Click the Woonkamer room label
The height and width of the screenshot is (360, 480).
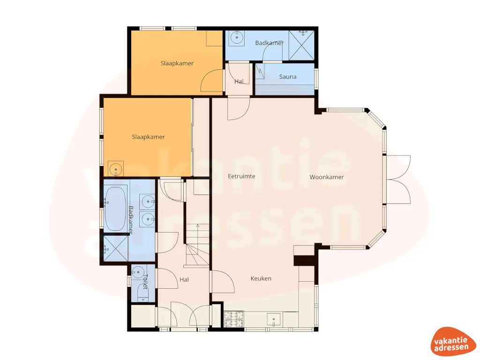327,177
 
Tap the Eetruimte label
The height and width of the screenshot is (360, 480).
241,177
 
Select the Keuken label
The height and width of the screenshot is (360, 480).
261,278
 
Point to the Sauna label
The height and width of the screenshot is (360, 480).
287,76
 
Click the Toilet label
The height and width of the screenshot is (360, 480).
145,282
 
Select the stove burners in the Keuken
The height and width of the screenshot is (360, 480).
233,319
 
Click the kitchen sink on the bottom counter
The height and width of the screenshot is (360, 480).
274,320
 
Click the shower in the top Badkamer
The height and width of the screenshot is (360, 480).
301,45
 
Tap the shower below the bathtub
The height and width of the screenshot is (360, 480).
115,247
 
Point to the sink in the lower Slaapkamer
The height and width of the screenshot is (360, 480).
115,169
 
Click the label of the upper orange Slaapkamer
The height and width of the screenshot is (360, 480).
177,63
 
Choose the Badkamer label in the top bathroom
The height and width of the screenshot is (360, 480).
269,43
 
